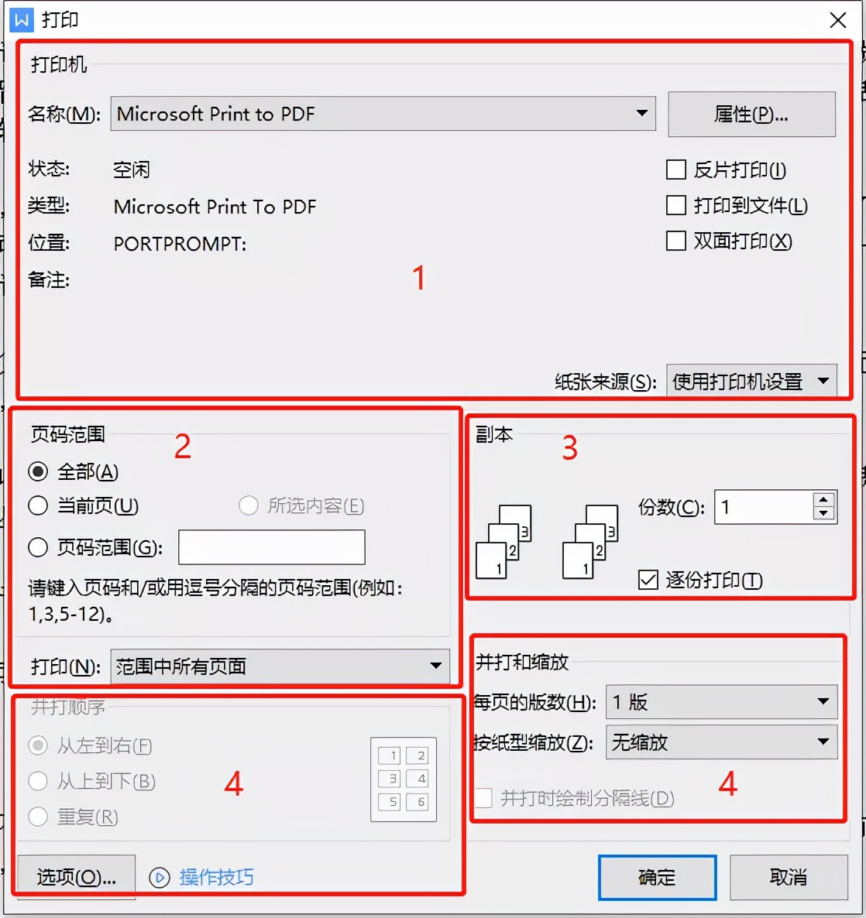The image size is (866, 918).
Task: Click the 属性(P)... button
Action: (751, 115)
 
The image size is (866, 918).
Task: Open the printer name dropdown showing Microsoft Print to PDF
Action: (383, 114)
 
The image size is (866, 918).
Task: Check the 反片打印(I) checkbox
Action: (676, 170)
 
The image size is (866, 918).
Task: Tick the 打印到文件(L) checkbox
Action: (676, 205)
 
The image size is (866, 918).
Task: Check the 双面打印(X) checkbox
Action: (676, 241)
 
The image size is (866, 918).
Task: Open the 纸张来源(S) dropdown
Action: (751, 381)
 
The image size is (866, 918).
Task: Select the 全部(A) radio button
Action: (38, 471)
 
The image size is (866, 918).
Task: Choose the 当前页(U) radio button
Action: (38, 506)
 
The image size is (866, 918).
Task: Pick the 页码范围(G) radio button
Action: (38, 548)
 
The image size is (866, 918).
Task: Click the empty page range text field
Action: (271, 548)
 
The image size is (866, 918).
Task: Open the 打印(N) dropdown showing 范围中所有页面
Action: (280, 666)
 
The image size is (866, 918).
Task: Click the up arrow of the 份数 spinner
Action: (824, 500)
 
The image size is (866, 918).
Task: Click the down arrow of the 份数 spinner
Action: (824, 514)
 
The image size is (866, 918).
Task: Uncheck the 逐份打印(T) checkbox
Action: (648, 580)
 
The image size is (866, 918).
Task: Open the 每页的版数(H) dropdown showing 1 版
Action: (720, 702)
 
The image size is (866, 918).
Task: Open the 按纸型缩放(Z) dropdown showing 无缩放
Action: (720, 742)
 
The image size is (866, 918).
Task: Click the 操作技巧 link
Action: (216, 877)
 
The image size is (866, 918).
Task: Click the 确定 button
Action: (657, 877)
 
